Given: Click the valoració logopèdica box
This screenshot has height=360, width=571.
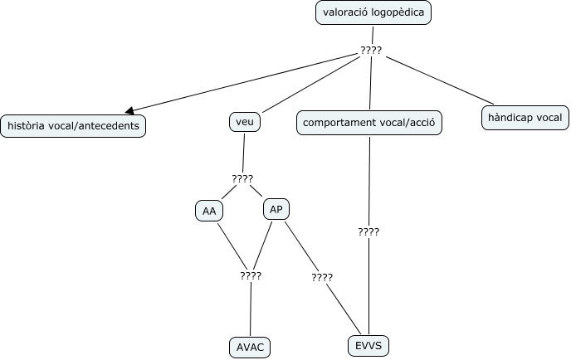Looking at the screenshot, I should pos(373,12).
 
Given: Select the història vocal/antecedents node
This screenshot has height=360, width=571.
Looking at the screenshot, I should pos(73,126).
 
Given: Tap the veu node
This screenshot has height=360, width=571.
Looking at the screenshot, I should pos(244,123).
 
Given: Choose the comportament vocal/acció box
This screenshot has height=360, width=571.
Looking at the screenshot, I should pos(368,124).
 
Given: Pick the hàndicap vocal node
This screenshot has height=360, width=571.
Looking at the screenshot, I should pos(525,119).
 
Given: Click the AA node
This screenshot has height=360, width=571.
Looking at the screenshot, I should pos(209,212).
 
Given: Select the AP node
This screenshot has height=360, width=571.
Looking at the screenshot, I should pos(276,209).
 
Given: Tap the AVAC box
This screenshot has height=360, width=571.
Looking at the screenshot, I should pos(250,347).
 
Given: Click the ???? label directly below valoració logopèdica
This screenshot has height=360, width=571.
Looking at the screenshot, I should pos(371,51).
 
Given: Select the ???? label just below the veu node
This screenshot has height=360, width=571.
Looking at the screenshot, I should pos(242,178).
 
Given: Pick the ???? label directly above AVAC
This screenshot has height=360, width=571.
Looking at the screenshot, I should pos(250,275).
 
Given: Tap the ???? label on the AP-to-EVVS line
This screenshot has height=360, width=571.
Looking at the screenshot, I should pos(322,277).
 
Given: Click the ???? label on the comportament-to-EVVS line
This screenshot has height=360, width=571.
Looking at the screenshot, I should pos(368,232).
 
